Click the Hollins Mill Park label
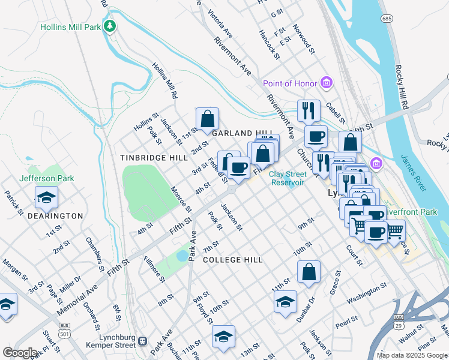71,27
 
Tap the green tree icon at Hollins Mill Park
109,26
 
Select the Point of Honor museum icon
327,82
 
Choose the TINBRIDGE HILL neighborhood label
154,157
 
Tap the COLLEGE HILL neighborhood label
232,260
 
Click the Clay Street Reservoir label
288,178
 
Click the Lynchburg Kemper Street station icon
142,341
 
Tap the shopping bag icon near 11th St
309,272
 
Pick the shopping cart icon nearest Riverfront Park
394,230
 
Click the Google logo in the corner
20,353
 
